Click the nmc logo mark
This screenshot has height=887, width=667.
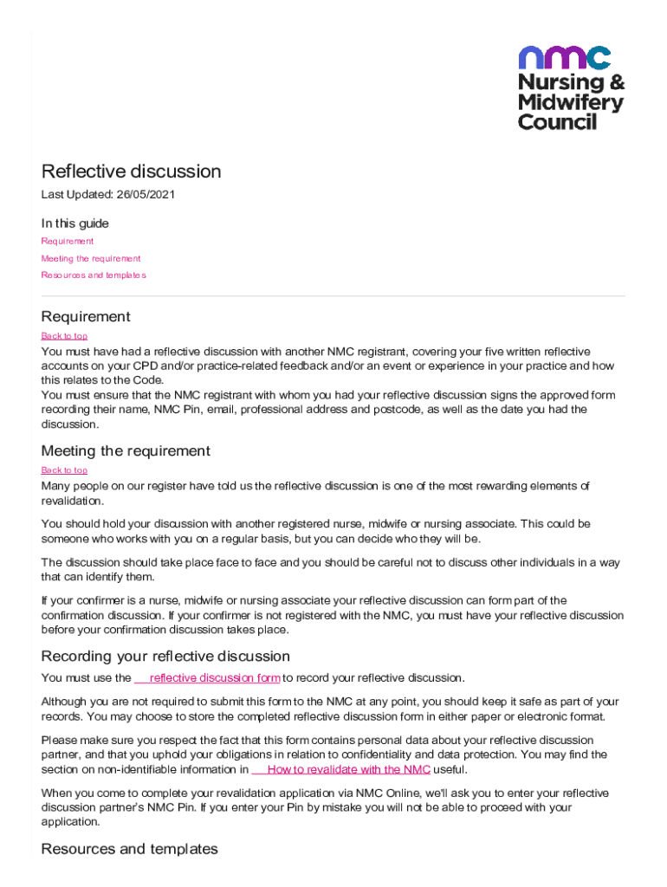click(564, 57)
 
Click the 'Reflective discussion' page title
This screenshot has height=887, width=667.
click(131, 172)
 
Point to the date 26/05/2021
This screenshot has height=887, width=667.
click(146, 195)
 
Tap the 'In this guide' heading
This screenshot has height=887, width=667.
click(75, 223)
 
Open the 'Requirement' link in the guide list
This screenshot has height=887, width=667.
click(68, 242)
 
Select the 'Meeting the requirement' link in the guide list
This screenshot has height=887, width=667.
click(91, 258)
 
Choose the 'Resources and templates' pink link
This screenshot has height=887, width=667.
click(94, 275)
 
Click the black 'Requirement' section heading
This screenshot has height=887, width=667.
click(86, 316)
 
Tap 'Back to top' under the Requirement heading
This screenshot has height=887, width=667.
click(64, 336)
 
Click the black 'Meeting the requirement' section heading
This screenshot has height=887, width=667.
click(126, 450)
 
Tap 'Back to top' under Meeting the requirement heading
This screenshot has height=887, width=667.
click(64, 470)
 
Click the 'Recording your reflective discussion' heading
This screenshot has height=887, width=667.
click(165, 656)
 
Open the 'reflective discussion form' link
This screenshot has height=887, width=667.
click(214, 678)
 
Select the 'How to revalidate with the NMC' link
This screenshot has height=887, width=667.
click(348, 769)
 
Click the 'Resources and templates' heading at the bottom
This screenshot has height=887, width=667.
click(129, 849)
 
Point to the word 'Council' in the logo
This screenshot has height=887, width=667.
click(557, 122)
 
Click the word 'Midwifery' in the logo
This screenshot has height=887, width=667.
click(570, 102)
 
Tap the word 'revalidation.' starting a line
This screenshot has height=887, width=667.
click(73, 502)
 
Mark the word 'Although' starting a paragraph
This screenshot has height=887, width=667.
click(66, 702)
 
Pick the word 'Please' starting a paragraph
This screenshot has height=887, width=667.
click(60, 741)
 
